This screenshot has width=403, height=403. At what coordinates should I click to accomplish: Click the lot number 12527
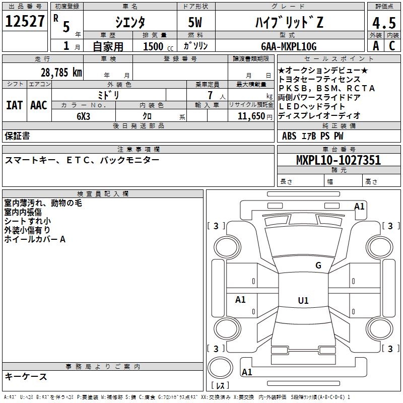click(x=25, y=22)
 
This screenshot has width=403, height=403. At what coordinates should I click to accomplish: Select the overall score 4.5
click(x=383, y=23)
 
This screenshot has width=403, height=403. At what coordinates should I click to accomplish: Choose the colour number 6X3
click(x=84, y=115)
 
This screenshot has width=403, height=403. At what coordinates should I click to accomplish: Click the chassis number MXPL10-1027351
click(x=338, y=161)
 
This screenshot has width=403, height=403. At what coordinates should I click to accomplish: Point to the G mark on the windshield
click(x=318, y=265)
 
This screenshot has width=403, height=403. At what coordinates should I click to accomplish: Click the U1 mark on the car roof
click(x=303, y=301)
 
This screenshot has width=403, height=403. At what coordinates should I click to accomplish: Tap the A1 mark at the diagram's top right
click(x=359, y=207)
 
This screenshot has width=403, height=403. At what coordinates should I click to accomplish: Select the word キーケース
click(x=26, y=376)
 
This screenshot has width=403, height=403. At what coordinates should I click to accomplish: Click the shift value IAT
click(x=14, y=105)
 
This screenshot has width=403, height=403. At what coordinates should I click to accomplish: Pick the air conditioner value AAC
click(x=39, y=105)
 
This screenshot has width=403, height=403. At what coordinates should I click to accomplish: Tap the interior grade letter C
click(x=392, y=45)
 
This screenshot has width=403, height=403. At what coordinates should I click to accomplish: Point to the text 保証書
click(x=17, y=136)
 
